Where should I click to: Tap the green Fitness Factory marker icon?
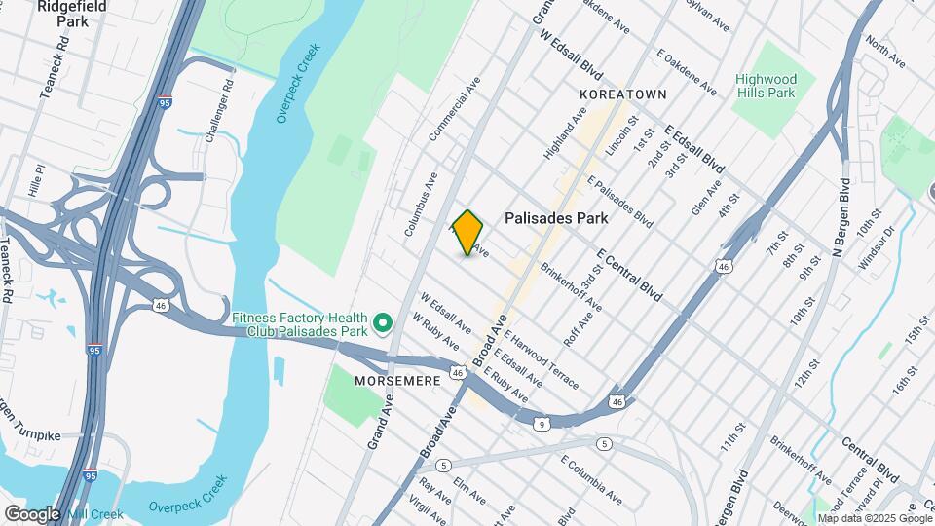point(383,321)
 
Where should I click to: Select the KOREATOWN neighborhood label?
point(623,94)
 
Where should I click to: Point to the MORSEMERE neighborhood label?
point(397,381)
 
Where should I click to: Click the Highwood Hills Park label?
point(766,86)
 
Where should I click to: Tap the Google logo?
point(32,513)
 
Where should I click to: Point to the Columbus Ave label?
point(422,204)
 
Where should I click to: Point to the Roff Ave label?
point(579,328)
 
